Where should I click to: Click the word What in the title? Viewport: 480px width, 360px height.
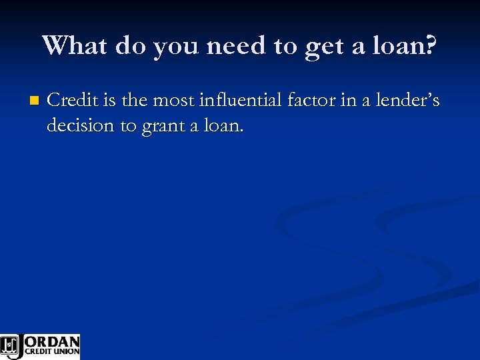coord(75,46)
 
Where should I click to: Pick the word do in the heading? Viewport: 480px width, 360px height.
coord(130,46)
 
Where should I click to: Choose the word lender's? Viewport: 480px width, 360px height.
coord(408,101)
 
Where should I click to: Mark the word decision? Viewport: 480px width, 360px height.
coord(81,125)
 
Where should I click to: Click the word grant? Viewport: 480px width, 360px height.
coord(165,126)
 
